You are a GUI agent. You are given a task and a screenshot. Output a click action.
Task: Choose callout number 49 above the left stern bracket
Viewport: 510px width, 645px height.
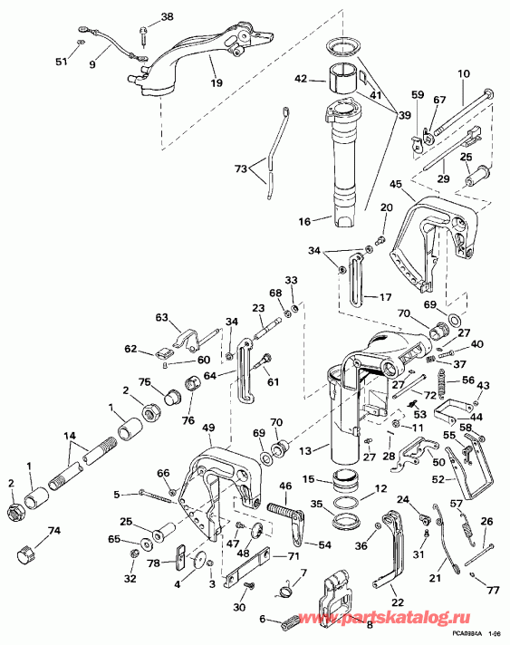pos(208,428)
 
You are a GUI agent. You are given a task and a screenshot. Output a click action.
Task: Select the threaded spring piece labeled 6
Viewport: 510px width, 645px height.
pos(292,621)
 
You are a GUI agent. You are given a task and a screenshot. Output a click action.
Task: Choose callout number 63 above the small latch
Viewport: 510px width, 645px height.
pos(162,317)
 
